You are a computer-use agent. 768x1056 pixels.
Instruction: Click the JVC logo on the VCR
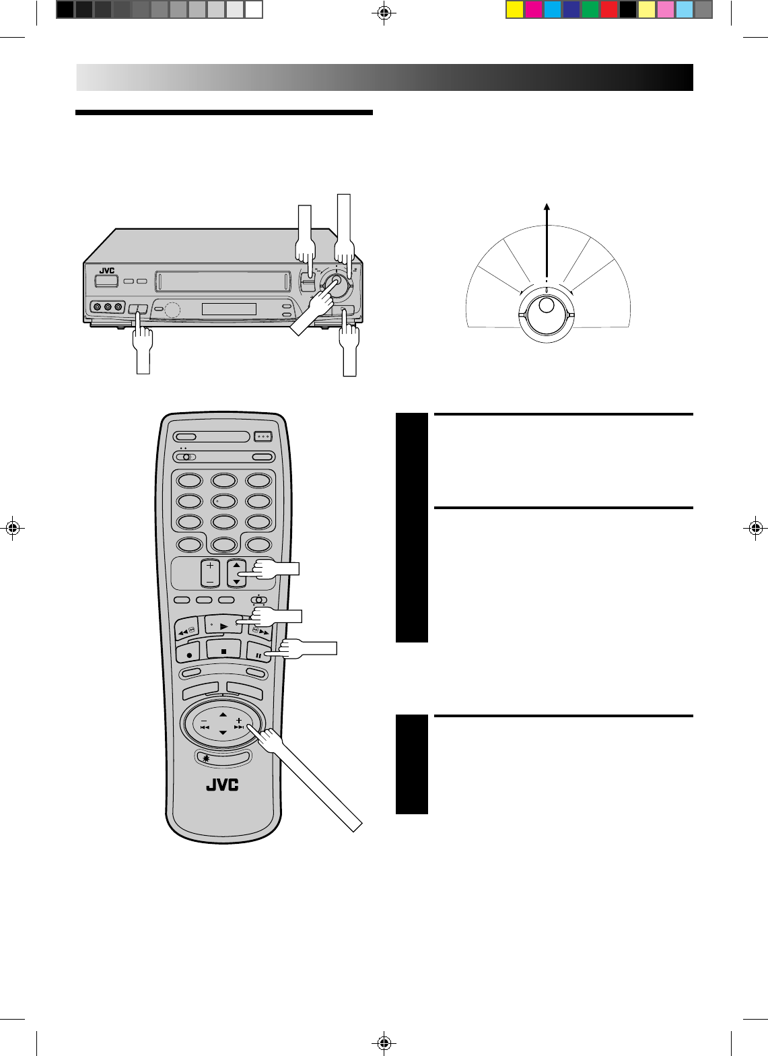pos(107,271)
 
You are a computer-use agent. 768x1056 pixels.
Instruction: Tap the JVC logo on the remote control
pos(222,785)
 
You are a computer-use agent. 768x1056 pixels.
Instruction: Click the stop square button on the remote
pos(223,651)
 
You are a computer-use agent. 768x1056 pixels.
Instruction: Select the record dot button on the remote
pos(188,653)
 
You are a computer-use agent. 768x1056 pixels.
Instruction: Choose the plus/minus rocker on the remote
pos(210,572)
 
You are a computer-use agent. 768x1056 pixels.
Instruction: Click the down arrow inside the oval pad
pos(223,733)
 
